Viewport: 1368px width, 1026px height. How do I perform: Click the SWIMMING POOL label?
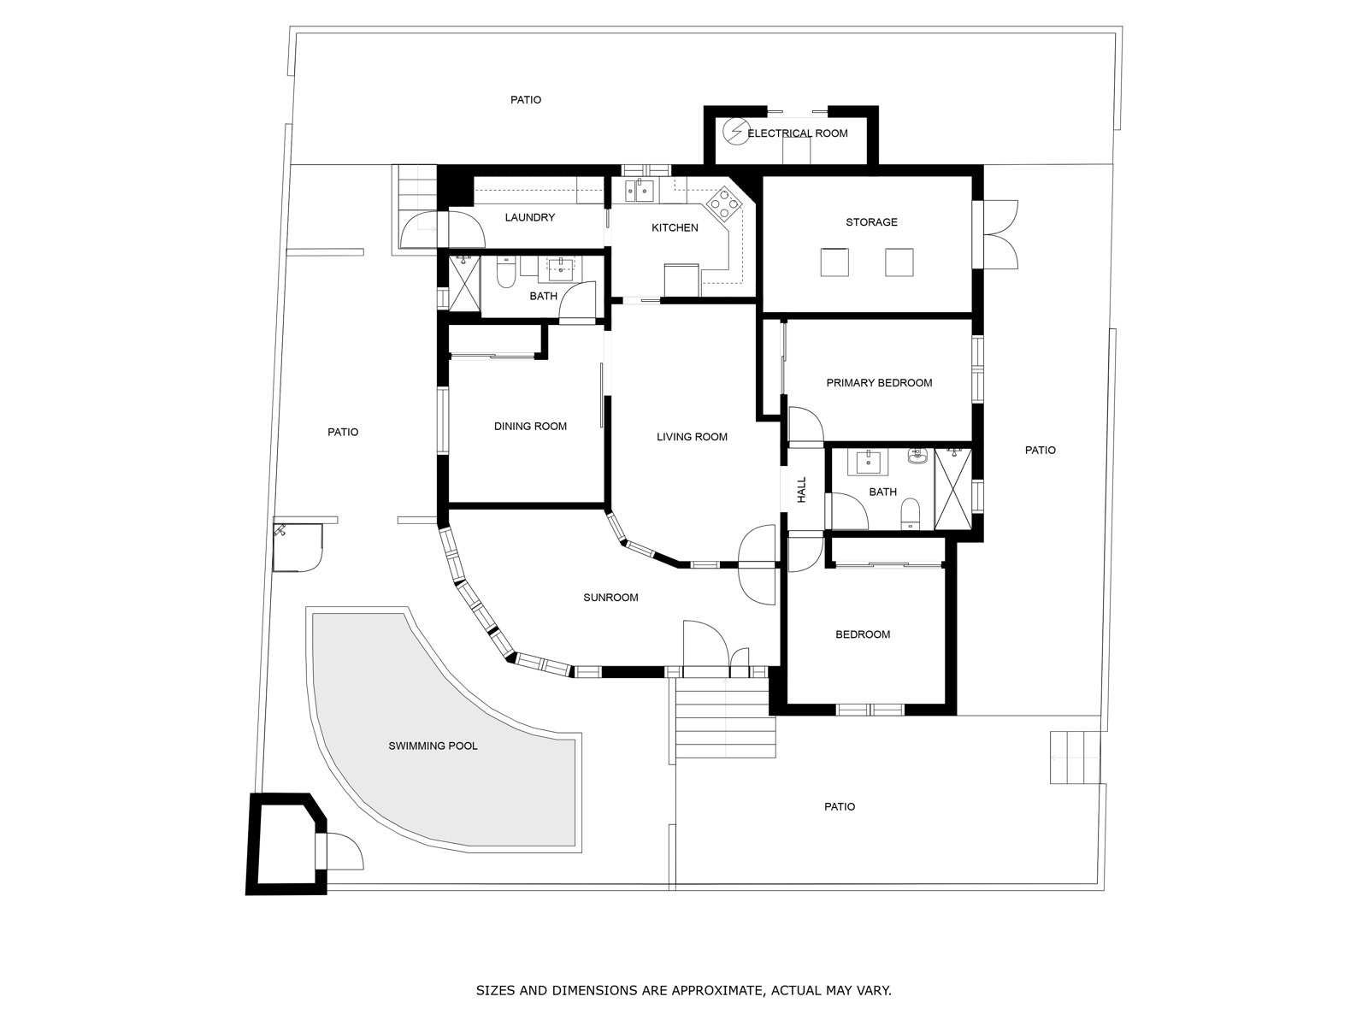tap(433, 746)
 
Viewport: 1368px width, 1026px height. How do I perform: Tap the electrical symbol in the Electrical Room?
tap(734, 131)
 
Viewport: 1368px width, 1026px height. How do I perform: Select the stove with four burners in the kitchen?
tap(723, 204)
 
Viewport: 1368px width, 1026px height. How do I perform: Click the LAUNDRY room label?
tap(529, 218)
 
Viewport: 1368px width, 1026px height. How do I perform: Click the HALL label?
tap(802, 490)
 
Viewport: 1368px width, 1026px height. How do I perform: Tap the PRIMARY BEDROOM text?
tap(879, 383)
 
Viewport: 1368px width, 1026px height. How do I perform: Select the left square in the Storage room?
tap(834, 262)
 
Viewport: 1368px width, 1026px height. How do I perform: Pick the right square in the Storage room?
tap(899, 262)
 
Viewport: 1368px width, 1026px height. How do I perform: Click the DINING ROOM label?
tap(530, 427)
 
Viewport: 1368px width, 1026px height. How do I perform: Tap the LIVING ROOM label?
tap(692, 437)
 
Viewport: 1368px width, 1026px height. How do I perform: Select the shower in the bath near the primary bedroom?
tap(953, 489)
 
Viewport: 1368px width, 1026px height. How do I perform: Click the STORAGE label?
tap(871, 222)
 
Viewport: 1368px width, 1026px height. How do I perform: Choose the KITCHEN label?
tap(675, 228)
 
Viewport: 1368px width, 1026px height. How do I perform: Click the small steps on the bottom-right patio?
tap(1076, 758)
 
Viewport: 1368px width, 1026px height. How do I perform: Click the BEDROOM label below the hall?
tap(863, 634)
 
